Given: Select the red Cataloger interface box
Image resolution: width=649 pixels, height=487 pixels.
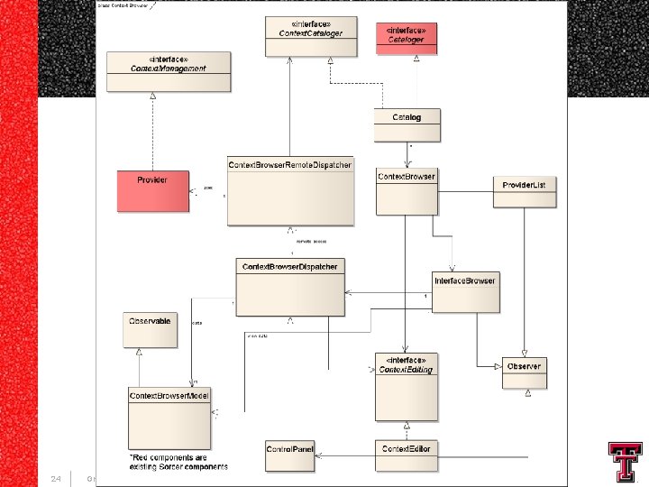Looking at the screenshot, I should click(x=407, y=38).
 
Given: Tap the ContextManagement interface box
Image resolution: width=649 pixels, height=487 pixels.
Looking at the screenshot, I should click(x=169, y=71).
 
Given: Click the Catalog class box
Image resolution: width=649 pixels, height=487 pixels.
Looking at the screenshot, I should click(x=407, y=125).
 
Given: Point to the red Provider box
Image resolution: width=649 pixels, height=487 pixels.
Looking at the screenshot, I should click(x=153, y=191).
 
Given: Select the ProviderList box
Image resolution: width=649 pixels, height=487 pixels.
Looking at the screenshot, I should click(x=525, y=194).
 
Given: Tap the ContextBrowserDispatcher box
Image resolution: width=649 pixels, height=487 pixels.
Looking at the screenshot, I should click(x=290, y=288).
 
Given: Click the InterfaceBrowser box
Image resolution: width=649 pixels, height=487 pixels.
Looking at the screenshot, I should click(x=465, y=292).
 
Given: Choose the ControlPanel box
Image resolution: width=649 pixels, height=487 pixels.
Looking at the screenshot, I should click(x=289, y=456).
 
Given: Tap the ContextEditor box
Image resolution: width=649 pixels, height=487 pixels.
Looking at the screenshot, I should click(x=407, y=456).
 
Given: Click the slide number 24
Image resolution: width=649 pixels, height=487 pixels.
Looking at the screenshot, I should click(x=55, y=478).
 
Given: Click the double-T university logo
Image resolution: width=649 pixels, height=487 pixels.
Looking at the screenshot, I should click(x=625, y=462).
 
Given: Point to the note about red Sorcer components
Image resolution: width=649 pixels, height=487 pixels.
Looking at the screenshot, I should click(x=178, y=462).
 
